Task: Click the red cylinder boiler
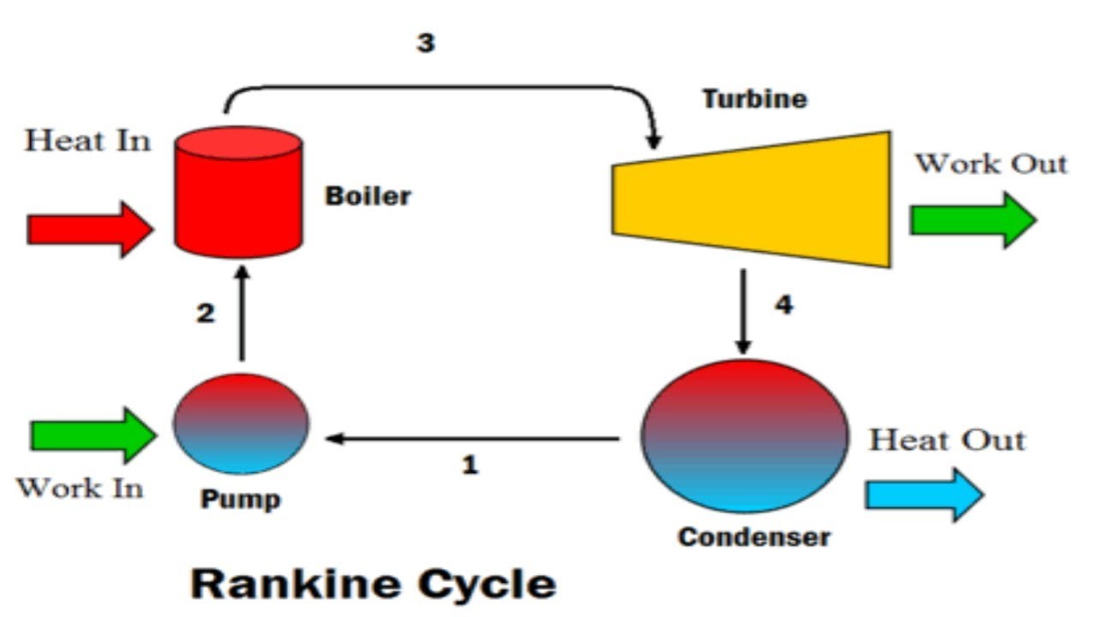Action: pos(238,193)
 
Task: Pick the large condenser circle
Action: pos(745,436)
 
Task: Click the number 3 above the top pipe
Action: pos(426,43)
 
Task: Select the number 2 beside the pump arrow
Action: pos(206,314)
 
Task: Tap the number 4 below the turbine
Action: pos(783,305)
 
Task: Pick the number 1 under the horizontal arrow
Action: pos(470,465)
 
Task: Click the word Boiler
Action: pos(368,196)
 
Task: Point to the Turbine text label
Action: pos(754,99)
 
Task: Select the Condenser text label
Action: pos(753,537)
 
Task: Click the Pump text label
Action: pos(240,500)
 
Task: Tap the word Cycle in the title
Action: pos(487,584)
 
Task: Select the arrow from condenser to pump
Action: pos(471,439)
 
